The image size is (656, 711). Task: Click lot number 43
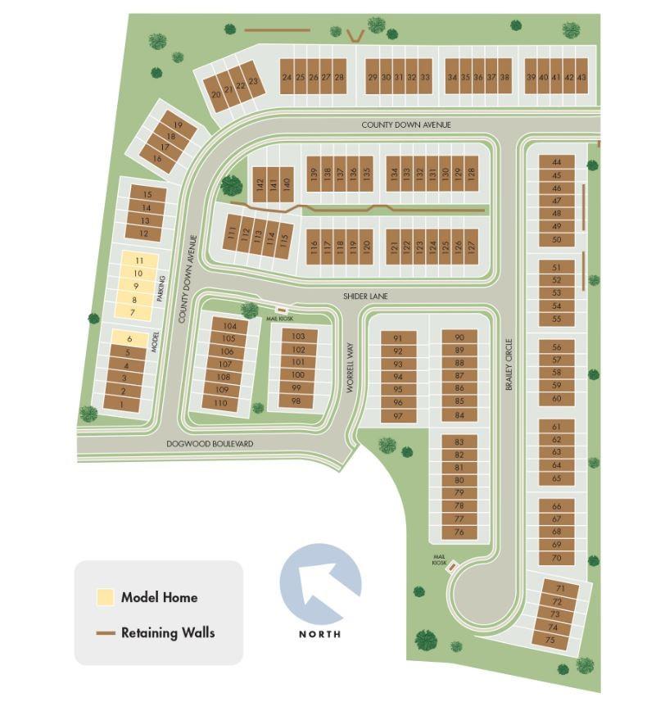coord(581,77)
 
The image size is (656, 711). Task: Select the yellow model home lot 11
coord(138,260)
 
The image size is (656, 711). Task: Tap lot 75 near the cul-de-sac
coord(550,640)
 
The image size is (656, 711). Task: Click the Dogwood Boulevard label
coord(210,444)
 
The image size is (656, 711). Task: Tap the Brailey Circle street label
coord(509,364)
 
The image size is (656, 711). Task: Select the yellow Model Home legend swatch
coord(105,597)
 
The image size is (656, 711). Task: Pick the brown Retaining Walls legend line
coord(105,633)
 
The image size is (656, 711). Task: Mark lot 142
coord(260,184)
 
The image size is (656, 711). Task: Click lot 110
coord(220,403)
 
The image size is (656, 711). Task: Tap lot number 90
coord(459,337)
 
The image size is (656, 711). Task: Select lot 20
coord(216,94)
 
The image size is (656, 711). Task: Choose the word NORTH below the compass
coord(319,634)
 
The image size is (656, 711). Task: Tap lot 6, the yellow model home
coord(129,339)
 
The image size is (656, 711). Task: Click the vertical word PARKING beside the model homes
coord(161,288)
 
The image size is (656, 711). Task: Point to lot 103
coord(298,336)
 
